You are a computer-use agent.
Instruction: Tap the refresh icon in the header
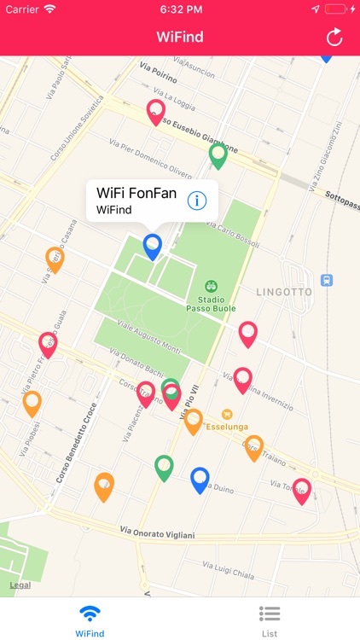click(x=334, y=37)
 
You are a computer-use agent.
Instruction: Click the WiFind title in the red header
click(x=180, y=37)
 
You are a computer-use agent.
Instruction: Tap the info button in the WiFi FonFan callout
click(x=197, y=201)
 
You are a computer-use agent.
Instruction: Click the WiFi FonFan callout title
click(x=136, y=193)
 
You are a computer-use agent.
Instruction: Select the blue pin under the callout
click(x=152, y=246)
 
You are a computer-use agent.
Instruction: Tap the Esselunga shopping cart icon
click(x=227, y=414)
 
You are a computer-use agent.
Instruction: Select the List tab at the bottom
click(x=270, y=620)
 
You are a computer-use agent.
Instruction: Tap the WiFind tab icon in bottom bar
click(x=90, y=614)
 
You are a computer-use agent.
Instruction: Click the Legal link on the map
click(x=20, y=585)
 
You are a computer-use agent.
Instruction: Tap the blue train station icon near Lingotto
click(x=326, y=280)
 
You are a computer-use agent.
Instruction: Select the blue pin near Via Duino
click(x=200, y=480)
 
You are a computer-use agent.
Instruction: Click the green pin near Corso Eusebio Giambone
click(x=218, y=155)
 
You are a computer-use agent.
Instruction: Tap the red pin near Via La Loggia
click(x=155, y=112)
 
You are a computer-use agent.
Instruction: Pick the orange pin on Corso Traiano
click(x=253, y=447)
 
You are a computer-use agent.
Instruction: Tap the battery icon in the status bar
click(x=338, y=9)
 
